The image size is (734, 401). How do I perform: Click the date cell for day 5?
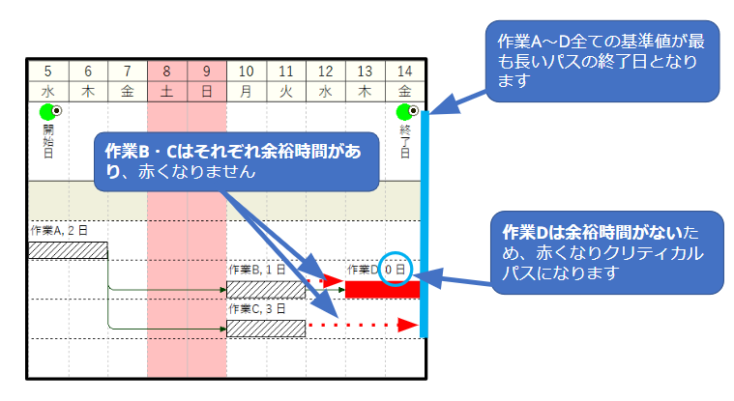(47, 71)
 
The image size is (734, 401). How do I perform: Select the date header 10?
(246, 71)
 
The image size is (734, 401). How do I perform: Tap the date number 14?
(404, 71)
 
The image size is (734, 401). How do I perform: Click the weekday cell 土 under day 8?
(166, 89)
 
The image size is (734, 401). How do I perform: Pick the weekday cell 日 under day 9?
(206, 89)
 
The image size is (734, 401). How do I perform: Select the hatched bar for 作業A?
(68, 250)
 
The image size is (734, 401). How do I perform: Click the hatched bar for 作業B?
(265, 289)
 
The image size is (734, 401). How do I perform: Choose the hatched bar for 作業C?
(265, 328)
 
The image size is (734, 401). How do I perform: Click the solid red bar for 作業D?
(382, 289)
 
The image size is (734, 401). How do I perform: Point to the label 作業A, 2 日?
(59, 231)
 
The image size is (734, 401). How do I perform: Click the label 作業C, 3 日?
(257, 309)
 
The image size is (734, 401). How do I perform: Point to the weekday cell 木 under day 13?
(365, 89)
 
